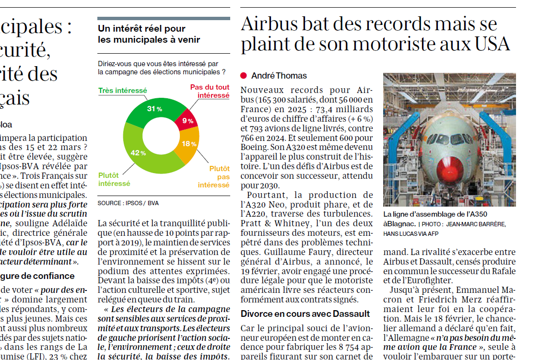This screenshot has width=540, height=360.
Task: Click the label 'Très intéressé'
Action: coord(122,90)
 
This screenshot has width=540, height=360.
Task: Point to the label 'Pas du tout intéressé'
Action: coord(210,91)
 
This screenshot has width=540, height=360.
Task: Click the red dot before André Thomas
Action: coord(244,76)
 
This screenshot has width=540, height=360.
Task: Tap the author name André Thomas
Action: coord(279,76)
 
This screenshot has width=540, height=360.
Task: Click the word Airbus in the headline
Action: coord(270,23)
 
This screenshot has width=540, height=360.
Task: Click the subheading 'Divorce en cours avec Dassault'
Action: coord(305,314)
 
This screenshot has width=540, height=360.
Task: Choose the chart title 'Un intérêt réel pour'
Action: coord(141,29)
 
